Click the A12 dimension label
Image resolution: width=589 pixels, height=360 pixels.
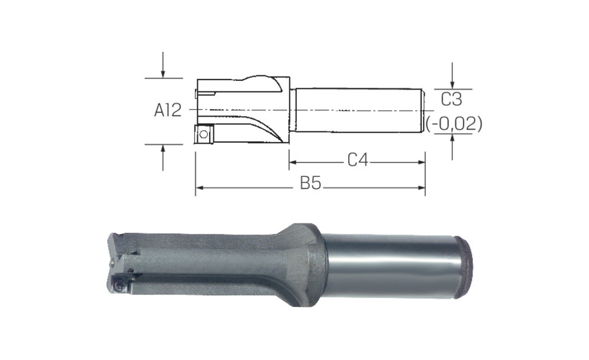[168, 110]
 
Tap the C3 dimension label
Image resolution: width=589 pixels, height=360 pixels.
[452, 100]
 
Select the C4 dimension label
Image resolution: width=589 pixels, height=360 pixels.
[358, 160]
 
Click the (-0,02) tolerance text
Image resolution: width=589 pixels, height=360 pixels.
[454, 124]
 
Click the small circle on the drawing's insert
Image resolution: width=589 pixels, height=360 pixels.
[204, 134]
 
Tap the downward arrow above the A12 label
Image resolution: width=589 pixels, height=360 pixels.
[163, 65]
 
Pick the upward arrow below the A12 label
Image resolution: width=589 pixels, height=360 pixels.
[163, 158]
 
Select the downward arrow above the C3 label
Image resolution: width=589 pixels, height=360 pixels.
[452, 75]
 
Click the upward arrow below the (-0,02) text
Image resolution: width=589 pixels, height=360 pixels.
[452, 147]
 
